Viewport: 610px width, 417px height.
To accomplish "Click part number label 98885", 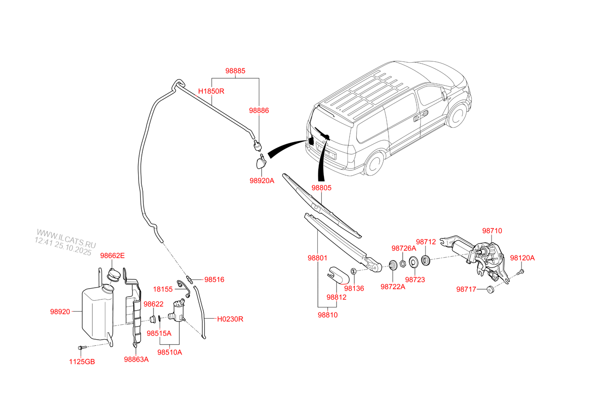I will (235, 71).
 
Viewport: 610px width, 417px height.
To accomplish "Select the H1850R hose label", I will (211, 91).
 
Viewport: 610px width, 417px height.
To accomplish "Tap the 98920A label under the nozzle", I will (262, 180).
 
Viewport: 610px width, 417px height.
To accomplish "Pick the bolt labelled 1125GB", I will (82, 348).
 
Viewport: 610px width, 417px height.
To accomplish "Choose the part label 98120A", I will (522, 258).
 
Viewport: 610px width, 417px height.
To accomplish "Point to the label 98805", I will (321, 188).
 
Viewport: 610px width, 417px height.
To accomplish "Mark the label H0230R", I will (230, 319).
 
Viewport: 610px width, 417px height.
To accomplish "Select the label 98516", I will (214, 280).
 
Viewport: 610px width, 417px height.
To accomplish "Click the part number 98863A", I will (136, 359).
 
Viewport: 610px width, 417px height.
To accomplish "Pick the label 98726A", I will (404, 248).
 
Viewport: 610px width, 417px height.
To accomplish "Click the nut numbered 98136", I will (353, 271).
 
